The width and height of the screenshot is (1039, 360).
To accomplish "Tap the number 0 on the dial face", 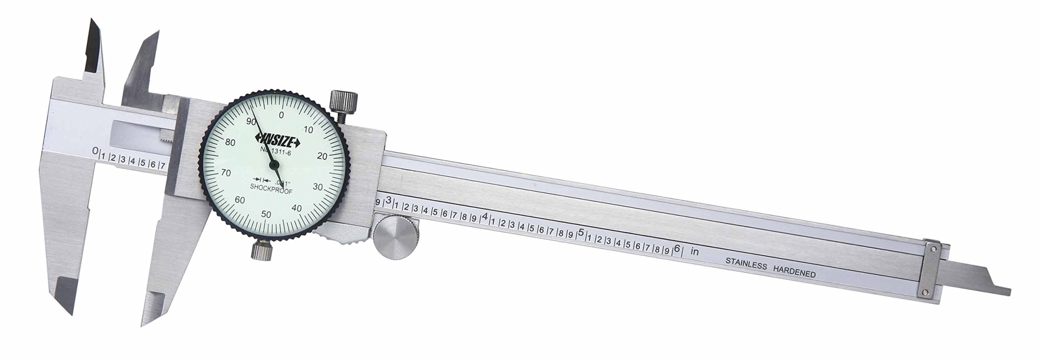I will tap(281, 115).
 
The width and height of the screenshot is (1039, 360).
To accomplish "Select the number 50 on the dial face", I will tap(266, 214).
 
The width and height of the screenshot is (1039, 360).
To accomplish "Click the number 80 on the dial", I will tap(230, 143).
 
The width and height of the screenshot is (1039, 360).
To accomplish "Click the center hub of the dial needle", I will tap(273, 165).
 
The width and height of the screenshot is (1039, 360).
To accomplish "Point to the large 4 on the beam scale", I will tap(485, 217).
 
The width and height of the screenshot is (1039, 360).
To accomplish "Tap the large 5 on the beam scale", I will tap(581, 232).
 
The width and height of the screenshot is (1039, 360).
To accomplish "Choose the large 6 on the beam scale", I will tap(676, 248).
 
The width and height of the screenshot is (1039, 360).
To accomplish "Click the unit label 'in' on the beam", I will tap(695, 252).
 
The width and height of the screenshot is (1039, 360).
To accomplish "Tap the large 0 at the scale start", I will tap(95, 151).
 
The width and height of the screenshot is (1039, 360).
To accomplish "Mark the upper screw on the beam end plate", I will tap(933, 249).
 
